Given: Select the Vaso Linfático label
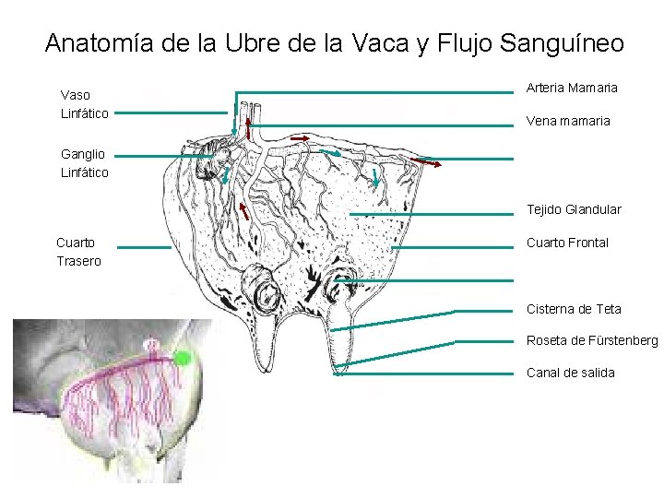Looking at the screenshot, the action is (84, 103).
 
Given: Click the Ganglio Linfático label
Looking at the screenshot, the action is (84, 163).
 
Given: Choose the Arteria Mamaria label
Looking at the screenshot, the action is (572, 88).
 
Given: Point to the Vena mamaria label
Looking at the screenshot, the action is (567, 121).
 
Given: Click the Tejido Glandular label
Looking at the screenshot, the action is (573, 209).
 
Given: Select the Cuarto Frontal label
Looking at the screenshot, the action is (567, 243).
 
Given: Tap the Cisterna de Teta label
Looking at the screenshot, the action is (573, 309).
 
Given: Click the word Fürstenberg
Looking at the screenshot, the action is (622, 341).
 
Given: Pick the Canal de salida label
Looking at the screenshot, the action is (570, 373).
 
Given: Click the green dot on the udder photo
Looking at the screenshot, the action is (183, 358).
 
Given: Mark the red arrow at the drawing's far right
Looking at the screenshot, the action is (426, 163).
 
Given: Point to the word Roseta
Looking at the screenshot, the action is (545, 341).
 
